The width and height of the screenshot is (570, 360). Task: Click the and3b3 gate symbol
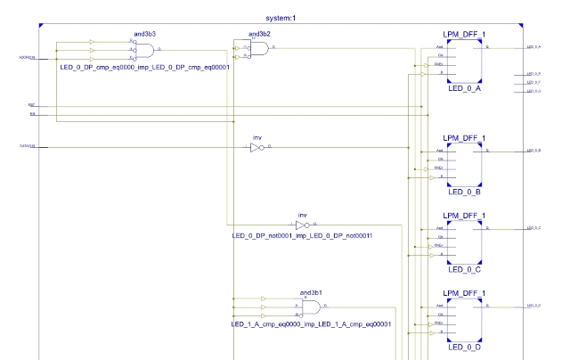[x=142, y=53]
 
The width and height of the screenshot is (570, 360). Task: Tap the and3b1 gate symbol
[x=311, y=307]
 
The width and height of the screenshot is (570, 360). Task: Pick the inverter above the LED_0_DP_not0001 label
[x=301, y=225]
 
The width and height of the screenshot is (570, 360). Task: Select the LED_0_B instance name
[x=466, y=191]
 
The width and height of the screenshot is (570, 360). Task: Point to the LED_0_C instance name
[x=466, y=268]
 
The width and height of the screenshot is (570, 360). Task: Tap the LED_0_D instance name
[x=466, y=345]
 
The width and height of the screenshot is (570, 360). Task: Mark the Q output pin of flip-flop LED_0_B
[x=485, y=151]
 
